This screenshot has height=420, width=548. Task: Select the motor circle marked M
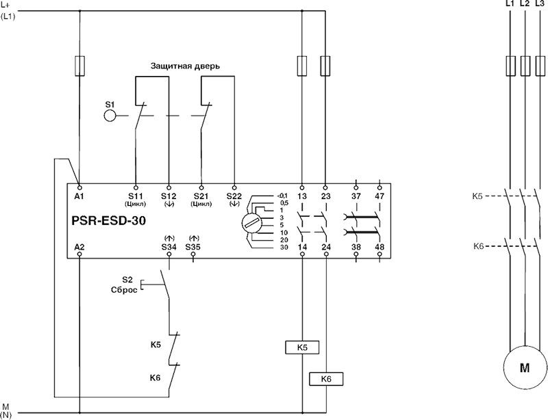point(525,368)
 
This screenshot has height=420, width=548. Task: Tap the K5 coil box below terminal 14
point(302,347)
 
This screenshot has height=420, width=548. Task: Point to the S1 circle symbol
point(110,114)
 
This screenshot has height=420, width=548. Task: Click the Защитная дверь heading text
point(185,66)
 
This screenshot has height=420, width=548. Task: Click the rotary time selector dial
point(251,222)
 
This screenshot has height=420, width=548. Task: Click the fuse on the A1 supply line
point(80,66)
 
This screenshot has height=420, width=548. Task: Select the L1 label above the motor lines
point(508,4)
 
